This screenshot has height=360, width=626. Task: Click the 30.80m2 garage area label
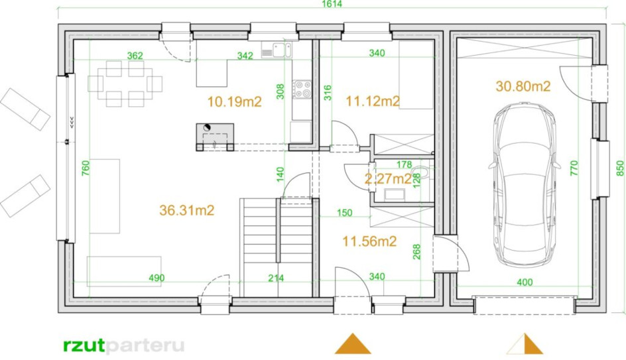pos(523,86)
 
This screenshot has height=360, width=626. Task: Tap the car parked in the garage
pos(524,186)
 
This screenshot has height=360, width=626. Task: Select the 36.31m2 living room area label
pos(187,210)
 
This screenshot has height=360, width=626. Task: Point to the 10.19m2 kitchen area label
pos(234,101)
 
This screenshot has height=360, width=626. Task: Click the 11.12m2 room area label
pos(373,101)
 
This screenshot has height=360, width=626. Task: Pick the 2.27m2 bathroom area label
pos(388,179)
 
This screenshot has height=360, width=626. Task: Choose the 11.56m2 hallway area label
pos(369,241)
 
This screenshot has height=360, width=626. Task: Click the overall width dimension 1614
pos(332,3)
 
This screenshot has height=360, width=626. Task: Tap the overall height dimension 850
pos(619,168)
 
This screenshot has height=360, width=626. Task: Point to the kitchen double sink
pos(277,50)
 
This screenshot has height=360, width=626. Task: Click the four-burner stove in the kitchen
pos(302,90)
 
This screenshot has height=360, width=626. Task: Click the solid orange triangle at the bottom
pos(353,344)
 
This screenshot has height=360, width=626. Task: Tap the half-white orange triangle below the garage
pos(525,344)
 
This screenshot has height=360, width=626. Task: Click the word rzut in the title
pos(84,345)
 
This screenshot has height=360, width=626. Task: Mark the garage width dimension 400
pos(525,282)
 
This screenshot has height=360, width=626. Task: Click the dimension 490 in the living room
pos(156,278)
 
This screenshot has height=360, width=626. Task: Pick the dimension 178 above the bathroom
pos(404,164)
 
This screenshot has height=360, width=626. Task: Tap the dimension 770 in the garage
pos(574,168)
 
